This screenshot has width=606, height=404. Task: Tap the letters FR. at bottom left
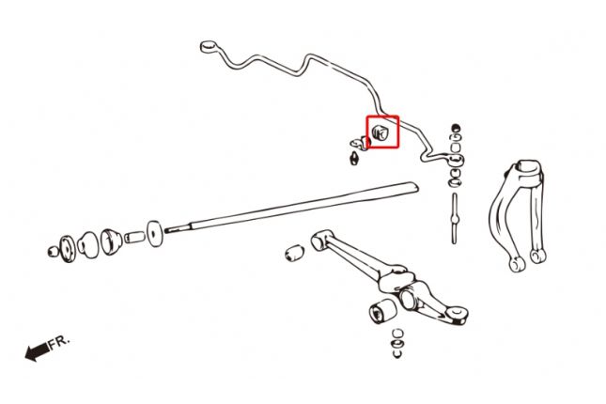click(58, 341)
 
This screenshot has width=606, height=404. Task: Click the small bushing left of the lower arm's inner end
click(293, 253)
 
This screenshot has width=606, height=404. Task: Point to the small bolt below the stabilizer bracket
click(354, 158)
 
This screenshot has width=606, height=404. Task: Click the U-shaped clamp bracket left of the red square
click(358, 143)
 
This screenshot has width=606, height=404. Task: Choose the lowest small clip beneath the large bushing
click(396, 354)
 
